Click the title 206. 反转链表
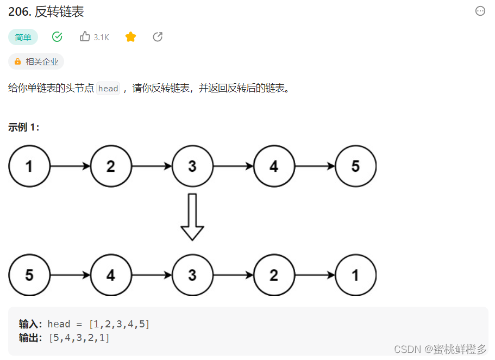(x=46, y=11)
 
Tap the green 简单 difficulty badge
(x=23, y=37)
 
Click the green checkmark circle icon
(x=57, y=37)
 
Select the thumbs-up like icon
(x=85, y=37)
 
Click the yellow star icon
(x=130, y=37)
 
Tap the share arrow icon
(x=158, y=37)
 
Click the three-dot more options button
(x=480, y=11)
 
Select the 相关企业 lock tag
(x=36, y=62)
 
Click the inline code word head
(x=108, y=89)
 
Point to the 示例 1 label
(x=24, y=127)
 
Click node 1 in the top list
(x=29, y=166)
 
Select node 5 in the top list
(x=355, y=166)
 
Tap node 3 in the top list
(x=192, y=166)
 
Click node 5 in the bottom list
(x=29, y=275)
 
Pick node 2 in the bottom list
(x=274, y=275)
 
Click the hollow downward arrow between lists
(x=192, y=216)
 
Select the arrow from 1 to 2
(x=70, y=166)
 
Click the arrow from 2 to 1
(x=315, y=275)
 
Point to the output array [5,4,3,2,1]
(x=79, y=338)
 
